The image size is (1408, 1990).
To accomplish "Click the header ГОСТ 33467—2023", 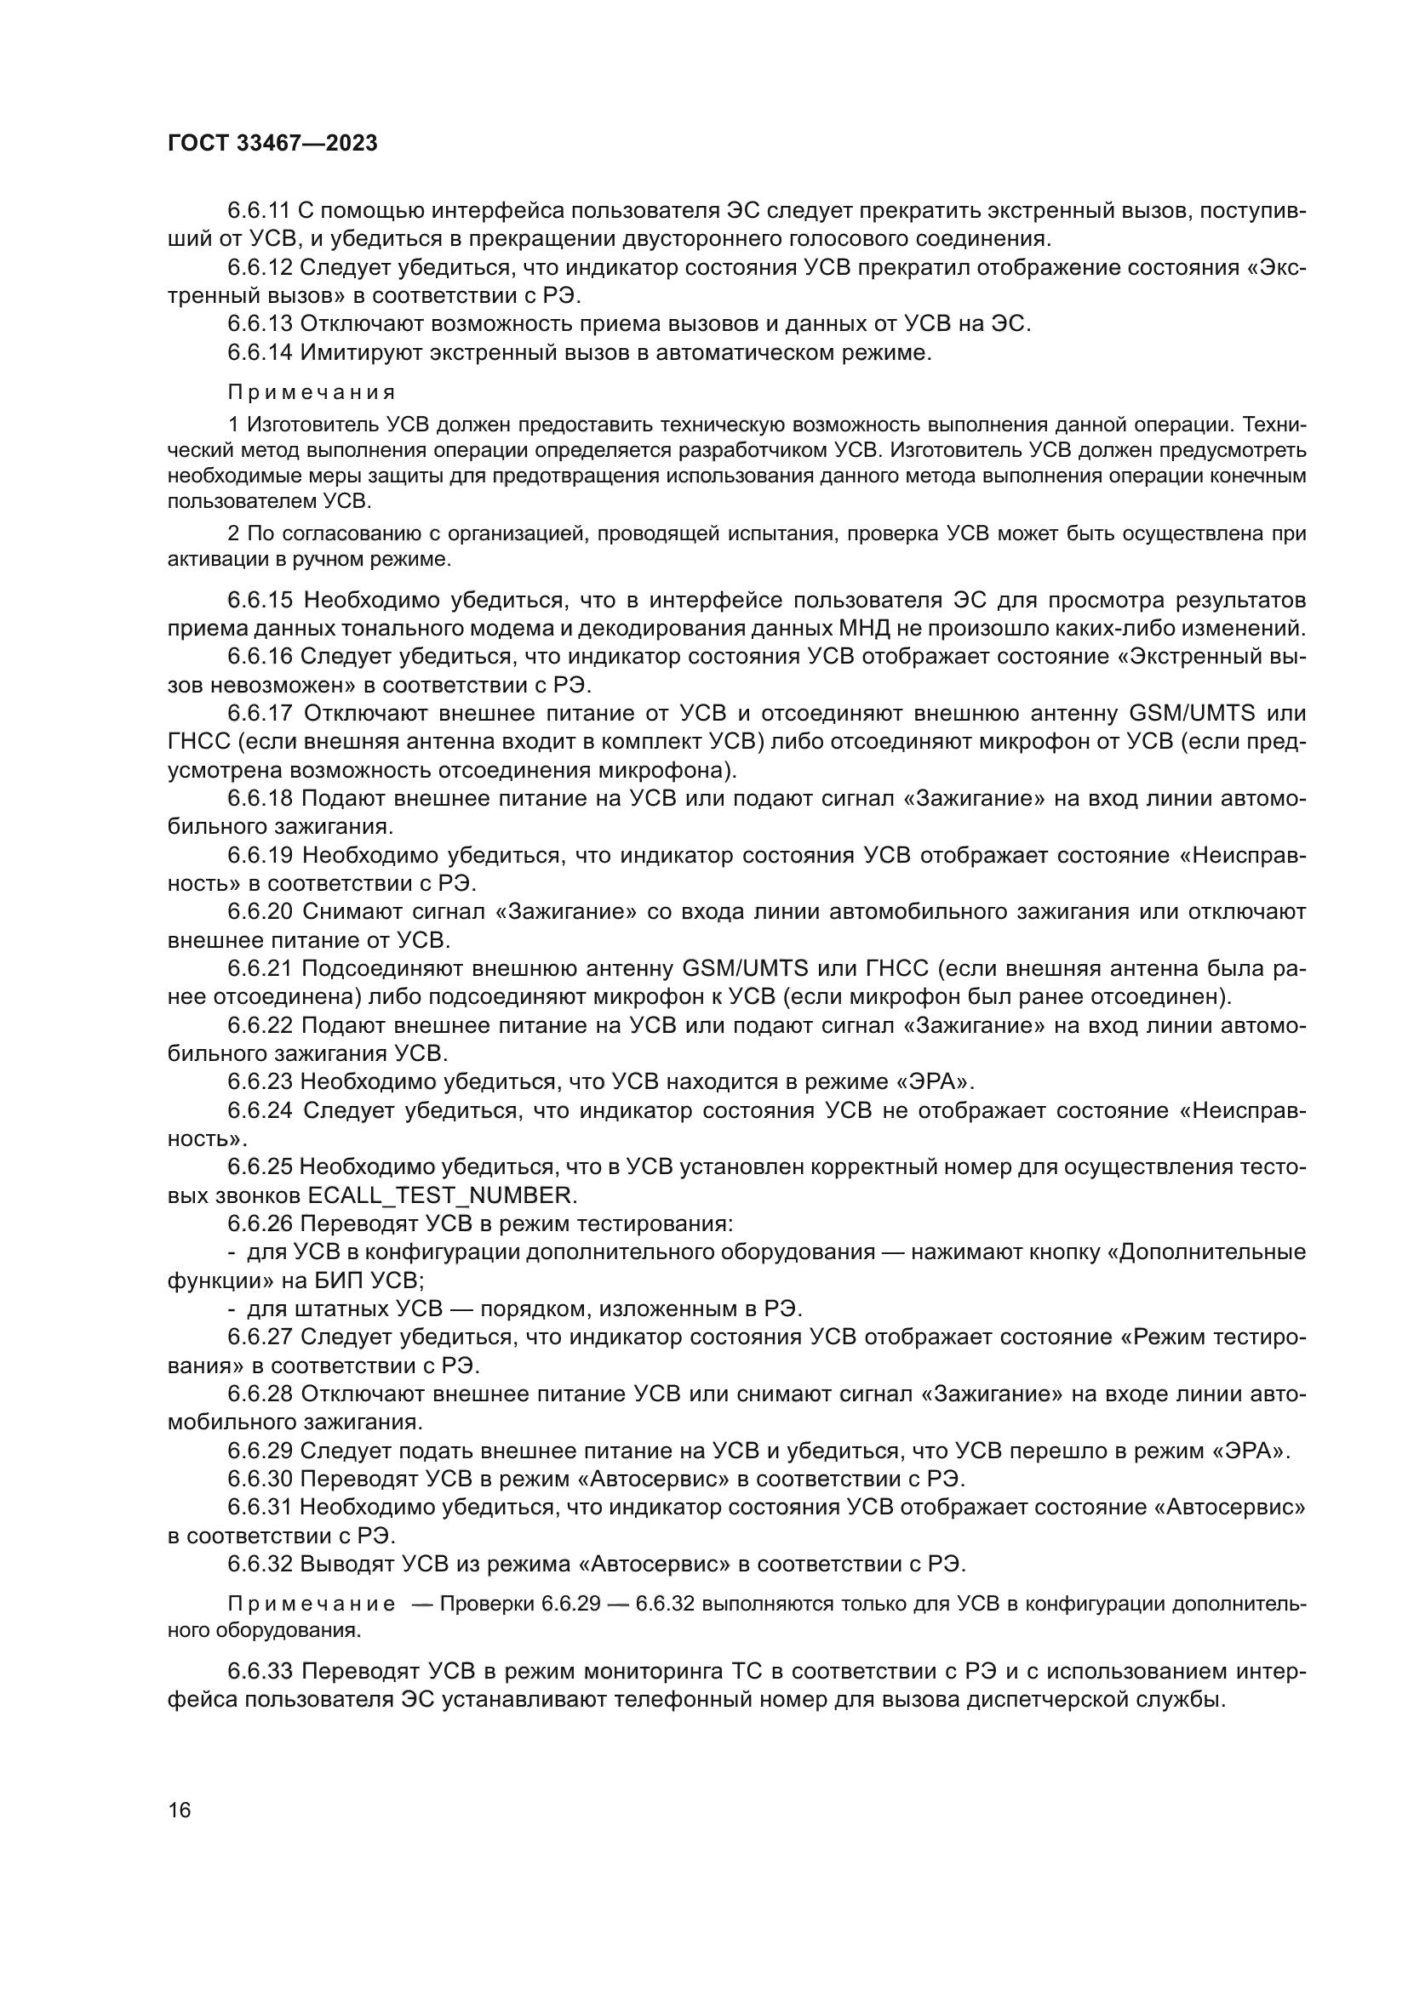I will pos(272,143).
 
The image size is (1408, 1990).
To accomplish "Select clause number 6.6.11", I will pos(259,211).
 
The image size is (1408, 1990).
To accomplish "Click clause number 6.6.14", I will pos(260,353).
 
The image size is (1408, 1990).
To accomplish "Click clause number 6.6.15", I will pos(260,601).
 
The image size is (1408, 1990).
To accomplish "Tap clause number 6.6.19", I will pos(260,855).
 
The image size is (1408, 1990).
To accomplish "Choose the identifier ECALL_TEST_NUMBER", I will pos(441,1195).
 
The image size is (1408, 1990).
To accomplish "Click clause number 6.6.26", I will pos(260,1223).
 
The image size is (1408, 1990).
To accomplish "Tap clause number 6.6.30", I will pos(260,1479).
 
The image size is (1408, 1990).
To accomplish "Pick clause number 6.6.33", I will pos(260,1671).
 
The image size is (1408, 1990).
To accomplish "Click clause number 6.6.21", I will pos(260,968).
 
